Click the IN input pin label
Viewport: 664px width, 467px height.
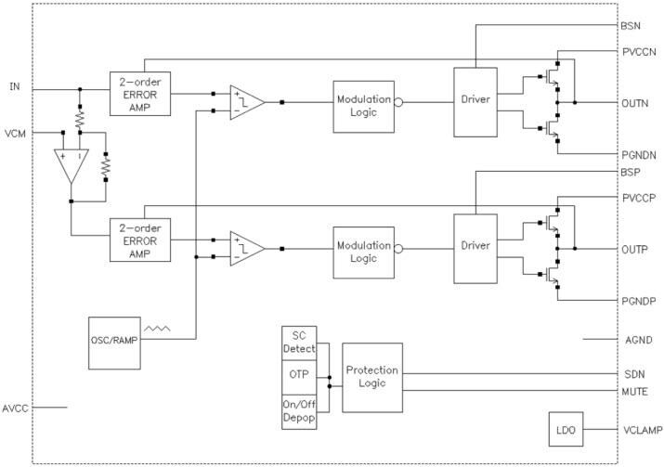(14, 86)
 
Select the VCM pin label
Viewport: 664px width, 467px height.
(15, 133)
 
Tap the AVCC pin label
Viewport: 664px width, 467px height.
(17, 407)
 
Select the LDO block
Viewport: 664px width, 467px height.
(564, 431)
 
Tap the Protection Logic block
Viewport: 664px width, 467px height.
(371, 377)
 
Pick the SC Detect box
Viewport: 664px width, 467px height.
(298, 341)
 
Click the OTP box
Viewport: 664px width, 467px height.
(298, 377)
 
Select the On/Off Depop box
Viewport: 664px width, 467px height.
(298, 412)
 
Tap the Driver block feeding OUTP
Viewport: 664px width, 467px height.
(475, 249)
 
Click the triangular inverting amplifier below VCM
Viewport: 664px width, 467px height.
(71, 165)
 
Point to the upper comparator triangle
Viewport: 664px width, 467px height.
(246, 101)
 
